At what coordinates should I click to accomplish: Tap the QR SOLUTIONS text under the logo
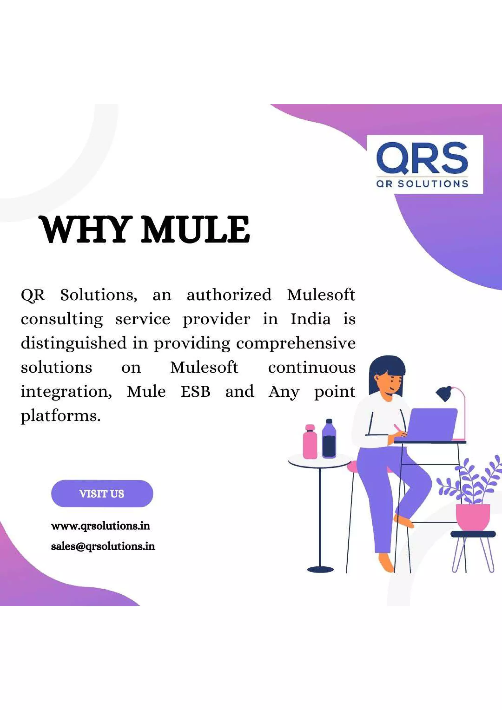click(x=422, y=184)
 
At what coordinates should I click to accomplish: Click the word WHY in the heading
click(x=84, y=230)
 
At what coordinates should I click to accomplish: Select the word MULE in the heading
click(x=195, y=230)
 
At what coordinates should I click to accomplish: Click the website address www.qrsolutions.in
click(x=100, y=526)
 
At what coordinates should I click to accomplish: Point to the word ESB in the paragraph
click(x=195, y=392)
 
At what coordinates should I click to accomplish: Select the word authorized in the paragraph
click(x=229, y=295)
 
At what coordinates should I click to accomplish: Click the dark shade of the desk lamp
click(x=444, y=393)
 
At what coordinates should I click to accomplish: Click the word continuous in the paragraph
click(x=312, y=367)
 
